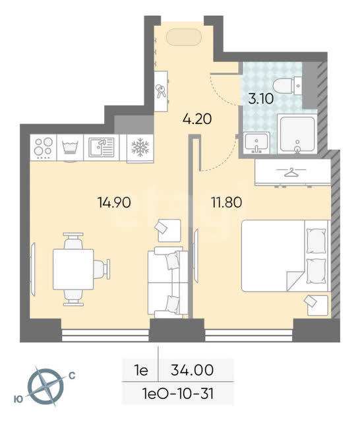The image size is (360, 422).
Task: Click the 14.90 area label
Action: coord(114,202)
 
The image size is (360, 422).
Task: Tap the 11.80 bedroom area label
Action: coord(227,202)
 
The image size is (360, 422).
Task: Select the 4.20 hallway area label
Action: coord(197,119)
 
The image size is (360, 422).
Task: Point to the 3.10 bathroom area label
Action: coord(260,99)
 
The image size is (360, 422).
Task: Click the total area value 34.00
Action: coord(192,370)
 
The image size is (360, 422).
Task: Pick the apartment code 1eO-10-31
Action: coord(179,394)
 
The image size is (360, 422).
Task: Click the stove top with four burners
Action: coord(44,148)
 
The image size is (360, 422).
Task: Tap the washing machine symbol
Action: coord(70,148)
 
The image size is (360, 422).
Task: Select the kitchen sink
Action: coord(102,147)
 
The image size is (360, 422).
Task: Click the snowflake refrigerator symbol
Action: coord(140,148)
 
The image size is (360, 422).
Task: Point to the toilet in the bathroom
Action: coord(287,86)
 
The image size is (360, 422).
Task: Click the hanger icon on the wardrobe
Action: coord(291,172)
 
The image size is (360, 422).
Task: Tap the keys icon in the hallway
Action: coord(161,91)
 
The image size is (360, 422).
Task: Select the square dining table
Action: coord(73,269)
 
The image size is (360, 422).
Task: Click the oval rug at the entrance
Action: coord(184,37)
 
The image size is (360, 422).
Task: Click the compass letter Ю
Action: coord(18,400)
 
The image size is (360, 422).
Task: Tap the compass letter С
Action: coord(72,375)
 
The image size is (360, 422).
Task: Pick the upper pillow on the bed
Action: coord(316,241)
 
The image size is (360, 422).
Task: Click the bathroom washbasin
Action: coord(256,142)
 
